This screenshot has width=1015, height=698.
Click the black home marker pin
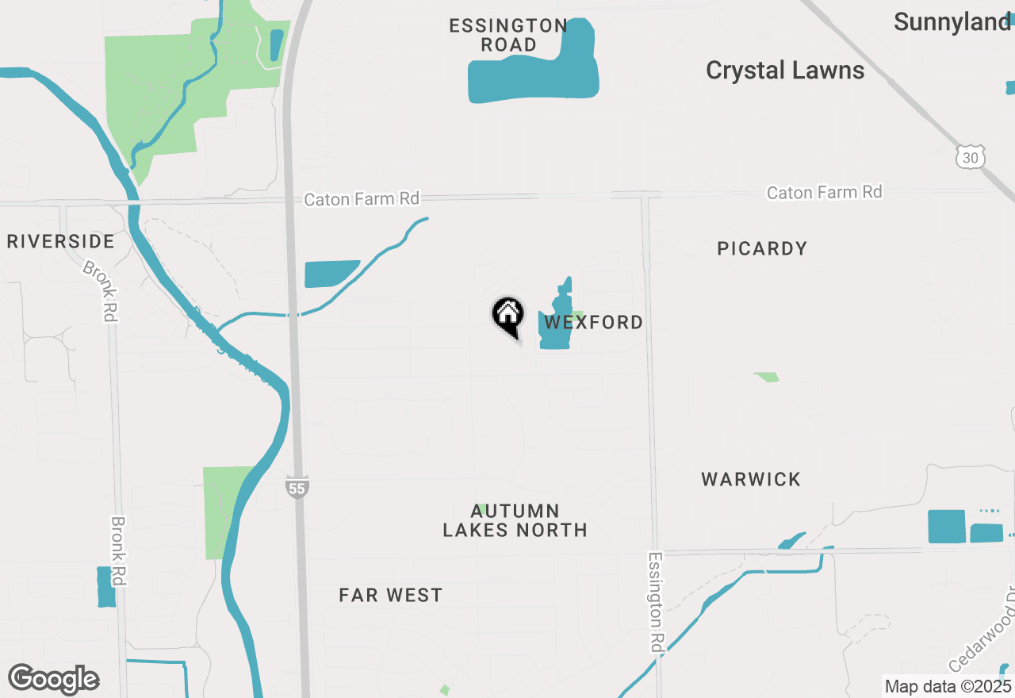[x=507, y=316]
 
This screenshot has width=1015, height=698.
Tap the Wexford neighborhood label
[x=593, y=322]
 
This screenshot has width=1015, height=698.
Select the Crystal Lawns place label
[x=784, y=71]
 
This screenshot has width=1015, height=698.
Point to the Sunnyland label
[x=952, y=22]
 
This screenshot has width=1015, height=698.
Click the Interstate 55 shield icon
[x=297, y=487]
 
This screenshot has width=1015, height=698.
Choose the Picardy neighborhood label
[x=762, y=249]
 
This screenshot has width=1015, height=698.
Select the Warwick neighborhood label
[x=751, y=479]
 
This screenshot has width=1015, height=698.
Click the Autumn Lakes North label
[x=515, y=520]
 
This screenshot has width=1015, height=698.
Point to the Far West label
[x=390, y=595]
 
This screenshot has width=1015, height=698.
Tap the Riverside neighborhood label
[x=61, y=241]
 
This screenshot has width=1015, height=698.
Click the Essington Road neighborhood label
[x=508, y=36]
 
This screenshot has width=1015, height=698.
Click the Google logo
[x=54, y=679]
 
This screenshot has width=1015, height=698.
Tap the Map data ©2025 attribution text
[x=948, y=686]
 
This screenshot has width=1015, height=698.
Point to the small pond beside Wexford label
[x=555, y=325]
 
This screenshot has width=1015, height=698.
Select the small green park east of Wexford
[x=766, y=377]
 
